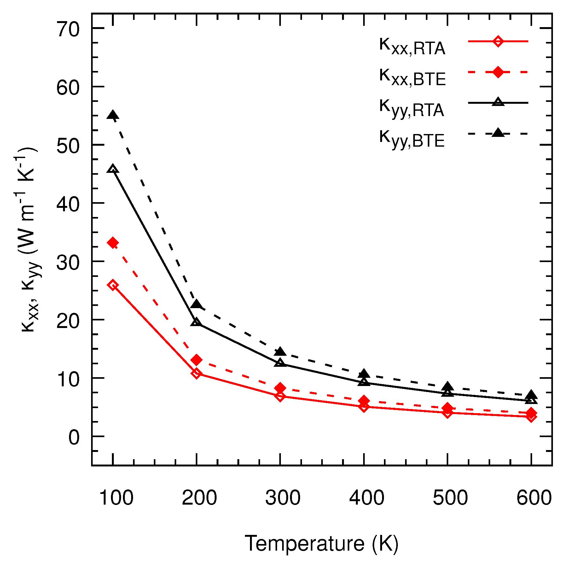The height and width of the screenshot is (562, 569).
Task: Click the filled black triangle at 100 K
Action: (x=113, y=115)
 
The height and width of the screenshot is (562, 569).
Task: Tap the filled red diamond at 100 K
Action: (x=113, y=243)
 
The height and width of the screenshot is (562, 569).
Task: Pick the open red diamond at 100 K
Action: (x=113, y=285)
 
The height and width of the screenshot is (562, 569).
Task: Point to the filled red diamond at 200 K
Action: (x=196, y=360)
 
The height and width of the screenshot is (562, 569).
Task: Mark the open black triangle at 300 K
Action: (x=280, y=363)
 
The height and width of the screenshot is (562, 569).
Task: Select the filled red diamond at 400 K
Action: (x=364, y=401)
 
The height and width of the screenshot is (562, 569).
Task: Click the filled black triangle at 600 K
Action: (x=531, y=395)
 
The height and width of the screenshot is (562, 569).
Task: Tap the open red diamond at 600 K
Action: (x=531, y=417)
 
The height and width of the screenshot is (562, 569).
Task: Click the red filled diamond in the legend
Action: (x=498, y=72)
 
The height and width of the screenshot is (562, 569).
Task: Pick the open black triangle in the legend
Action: (x=498, y=102)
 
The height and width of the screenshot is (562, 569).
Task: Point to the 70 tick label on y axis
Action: (x=68, y=31)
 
